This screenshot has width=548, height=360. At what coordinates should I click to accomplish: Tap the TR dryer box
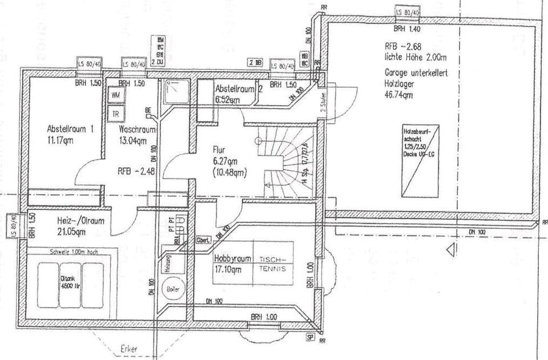(115, 112)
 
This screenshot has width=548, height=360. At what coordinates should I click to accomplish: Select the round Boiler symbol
(172, 289)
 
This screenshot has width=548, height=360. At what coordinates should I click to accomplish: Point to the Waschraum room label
(137, 130)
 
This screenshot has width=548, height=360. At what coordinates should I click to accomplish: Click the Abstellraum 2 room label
(239, 88)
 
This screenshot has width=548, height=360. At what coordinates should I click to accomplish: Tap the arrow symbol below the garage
(451, 249)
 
